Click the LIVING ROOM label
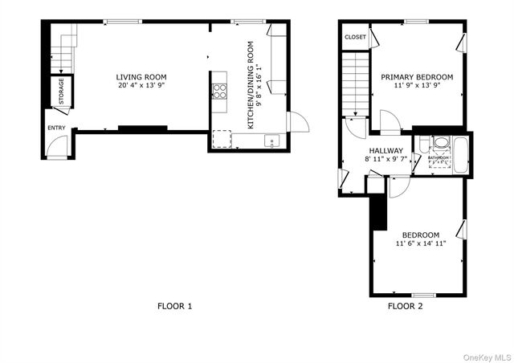pyautogui.click(x=142, y=77)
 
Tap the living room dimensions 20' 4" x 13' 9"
pyautogui.click(x=142, y=85)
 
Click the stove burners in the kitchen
pyautogui.click(x=219, y=91)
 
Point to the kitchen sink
pyautogui.click(x=271, y=142)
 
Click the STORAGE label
pyautogui.click(x=61, y=92)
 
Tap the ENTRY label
pyautogui.click(x=57, y=128)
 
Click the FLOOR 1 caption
pyautogui.click(x=174, y=306)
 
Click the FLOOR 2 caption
pyautogui.click(x=406, y=306)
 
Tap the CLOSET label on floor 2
pyautogui.click(x=355, y=37)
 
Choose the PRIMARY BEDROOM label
pyautogui.click(x=417, y=77)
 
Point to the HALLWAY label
pyautogui.click(x=385, y=151)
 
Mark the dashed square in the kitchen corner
pyautogui.click(x=221, y=140)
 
